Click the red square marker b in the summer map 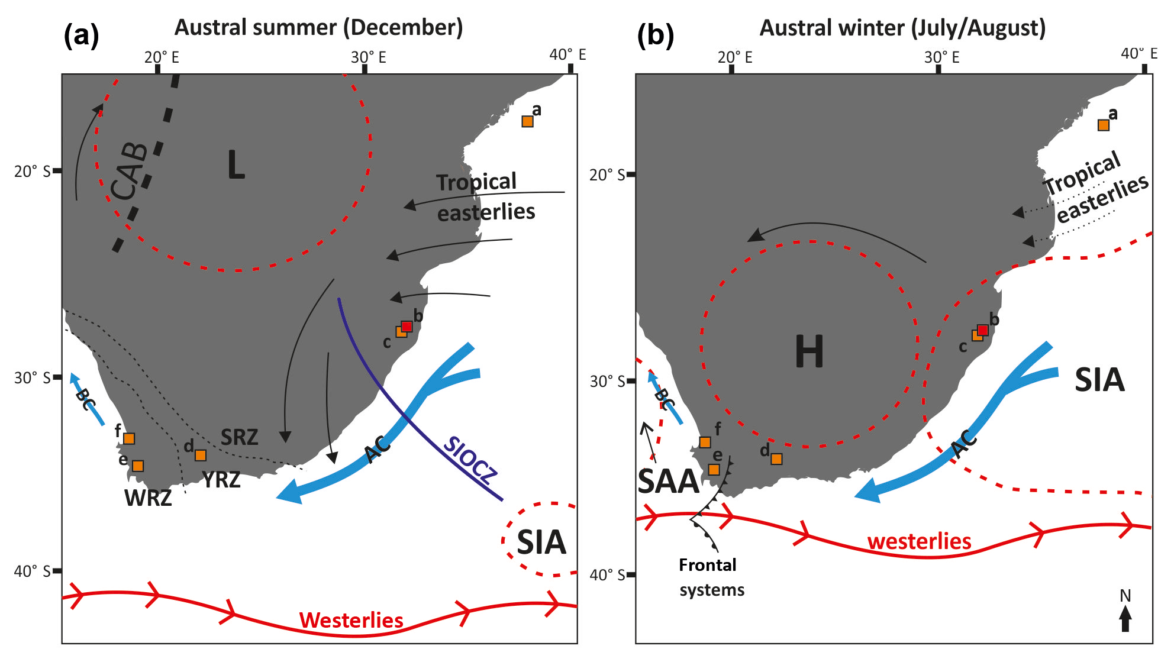point(407,326)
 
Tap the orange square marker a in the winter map point(1103,125)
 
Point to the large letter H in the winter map point(809,351)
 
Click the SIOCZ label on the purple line point(470,460)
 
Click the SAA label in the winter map point(668,482)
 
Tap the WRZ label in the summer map point(148,498)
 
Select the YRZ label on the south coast point(221,479)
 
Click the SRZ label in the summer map point(239,437)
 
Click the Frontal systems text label point(711,577)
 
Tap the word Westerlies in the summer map point(351,620)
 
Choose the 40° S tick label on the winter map point(607,575)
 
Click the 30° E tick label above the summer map point(368,57)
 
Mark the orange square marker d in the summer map point(201,455)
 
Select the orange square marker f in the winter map point(705,442)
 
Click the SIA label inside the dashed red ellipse point(541,542)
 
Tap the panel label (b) point(655,35)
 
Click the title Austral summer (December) point(318,27)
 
